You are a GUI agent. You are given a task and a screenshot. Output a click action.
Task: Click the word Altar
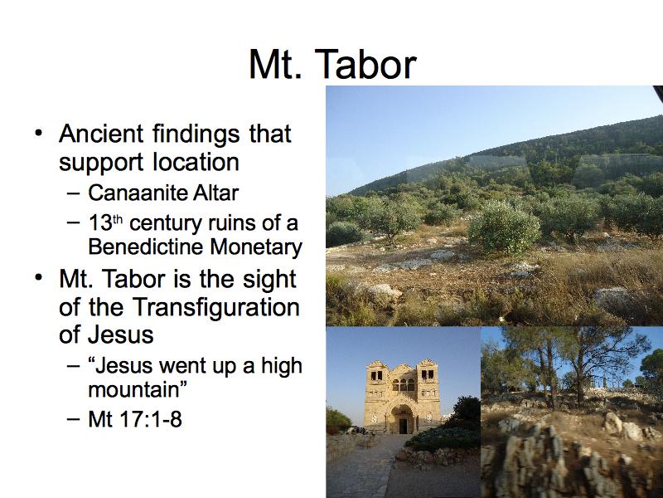pyautogui.click(x=216, y=193)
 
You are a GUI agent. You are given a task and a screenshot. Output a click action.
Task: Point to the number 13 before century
pyautogui.click(x=99, y=223)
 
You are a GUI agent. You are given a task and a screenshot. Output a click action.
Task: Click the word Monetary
pyautogui.click(x=256, y=247)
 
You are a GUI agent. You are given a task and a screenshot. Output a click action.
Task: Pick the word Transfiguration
pyautogui.click(x=216, y=308)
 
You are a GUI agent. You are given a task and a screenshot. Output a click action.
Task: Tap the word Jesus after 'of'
pyautogui.click(x=121, y=334)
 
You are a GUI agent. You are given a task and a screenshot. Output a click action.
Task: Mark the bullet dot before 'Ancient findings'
pyautogui.click(x=39, y=134)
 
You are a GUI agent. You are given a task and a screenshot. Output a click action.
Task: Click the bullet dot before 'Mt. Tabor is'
pyautogui.click(x=39, y=279)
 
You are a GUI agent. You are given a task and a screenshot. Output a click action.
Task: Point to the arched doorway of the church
pyautogui.click(x=403, y=419)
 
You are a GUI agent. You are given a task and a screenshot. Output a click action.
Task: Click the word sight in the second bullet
pyautogui.click(x=269, y=281)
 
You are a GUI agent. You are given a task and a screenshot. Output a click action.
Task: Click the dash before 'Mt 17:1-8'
pyautogui.click(x=74, y=419)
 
